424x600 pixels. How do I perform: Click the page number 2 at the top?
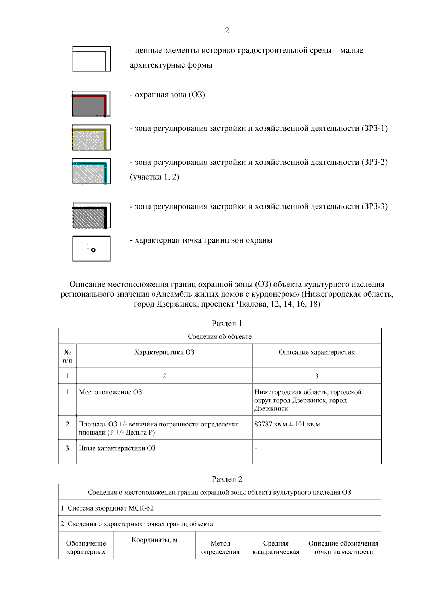pyautogui.click(x=227, y=31)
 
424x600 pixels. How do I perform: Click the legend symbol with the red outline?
pyautogui.click(x=91, y=59)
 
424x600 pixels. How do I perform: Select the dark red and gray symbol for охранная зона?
pyautogui.click(x=91, y=104)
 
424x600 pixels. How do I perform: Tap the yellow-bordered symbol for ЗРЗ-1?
pyautogui.click(x=91, y=138)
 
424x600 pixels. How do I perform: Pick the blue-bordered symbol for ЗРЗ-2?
pyautogui.click(x=91, y=171)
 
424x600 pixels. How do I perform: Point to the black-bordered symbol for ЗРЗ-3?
pyautogui.click(x=91, y=215)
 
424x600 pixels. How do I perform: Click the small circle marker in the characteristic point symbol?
pyautogui.click(x=93, y=250)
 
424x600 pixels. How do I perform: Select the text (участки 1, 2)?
pyautogui.click(x=155, y=177)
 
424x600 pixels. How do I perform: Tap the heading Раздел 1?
pyautogui.click(x=227, y=323)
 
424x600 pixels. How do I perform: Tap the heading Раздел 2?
pyautogui.click(x=227, y=479)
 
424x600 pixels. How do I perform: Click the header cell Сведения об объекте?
pyautogui.click(x=220, y=336)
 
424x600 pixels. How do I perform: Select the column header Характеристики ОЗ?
pyautogui.click(x=164, y=352)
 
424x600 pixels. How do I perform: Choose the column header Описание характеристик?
pyautogui.click(x=317, y=352)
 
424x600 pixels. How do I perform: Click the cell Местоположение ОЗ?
pyautogui.click(x=110, y=392)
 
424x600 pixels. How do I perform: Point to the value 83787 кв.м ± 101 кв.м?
pyautogui.click(x=287, y=424)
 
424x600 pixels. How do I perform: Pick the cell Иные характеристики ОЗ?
pyautogui.click(x=117, y=448)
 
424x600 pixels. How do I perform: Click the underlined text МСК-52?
pyautogui.click(x=141, y=508)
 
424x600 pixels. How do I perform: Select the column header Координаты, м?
pyautogui.click(x=154, y=540)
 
